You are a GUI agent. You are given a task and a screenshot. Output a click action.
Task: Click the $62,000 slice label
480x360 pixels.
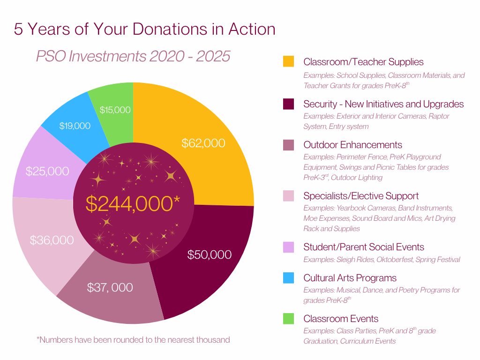[203, 143]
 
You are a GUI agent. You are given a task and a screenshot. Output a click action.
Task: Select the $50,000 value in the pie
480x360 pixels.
[210, 255]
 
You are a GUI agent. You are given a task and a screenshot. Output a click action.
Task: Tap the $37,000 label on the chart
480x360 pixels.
[110, 287]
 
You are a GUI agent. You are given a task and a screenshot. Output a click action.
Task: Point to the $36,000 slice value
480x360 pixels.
[52, 240]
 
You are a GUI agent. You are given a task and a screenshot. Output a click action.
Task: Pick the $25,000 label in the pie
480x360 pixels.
[47, 171]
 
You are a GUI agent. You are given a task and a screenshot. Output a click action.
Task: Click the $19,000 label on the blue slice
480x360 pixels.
[75, 126]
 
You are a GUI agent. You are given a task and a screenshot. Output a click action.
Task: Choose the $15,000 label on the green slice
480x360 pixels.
[115, 110]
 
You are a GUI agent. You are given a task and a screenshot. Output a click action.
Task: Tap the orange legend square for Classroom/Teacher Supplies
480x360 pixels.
[288, 61]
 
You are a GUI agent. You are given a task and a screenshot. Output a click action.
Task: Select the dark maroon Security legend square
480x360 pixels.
[288, 104]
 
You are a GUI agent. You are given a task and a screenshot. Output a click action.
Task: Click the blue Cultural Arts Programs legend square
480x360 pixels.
[288, 278]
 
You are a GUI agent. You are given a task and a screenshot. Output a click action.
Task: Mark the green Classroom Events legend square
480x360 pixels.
[288, 319]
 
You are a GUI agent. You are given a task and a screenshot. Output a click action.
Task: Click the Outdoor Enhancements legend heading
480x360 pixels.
[352, 145]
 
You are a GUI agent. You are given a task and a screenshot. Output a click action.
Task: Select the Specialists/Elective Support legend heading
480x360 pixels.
[361, 196]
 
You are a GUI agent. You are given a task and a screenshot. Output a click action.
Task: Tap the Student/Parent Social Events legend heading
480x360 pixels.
[364, 247]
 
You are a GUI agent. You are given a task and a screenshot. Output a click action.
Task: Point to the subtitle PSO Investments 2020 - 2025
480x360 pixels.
[133, 56]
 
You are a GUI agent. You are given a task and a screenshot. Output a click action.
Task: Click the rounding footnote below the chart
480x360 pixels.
[133, 339]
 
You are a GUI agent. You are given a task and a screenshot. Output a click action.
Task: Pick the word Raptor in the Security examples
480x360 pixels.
[439, 116]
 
